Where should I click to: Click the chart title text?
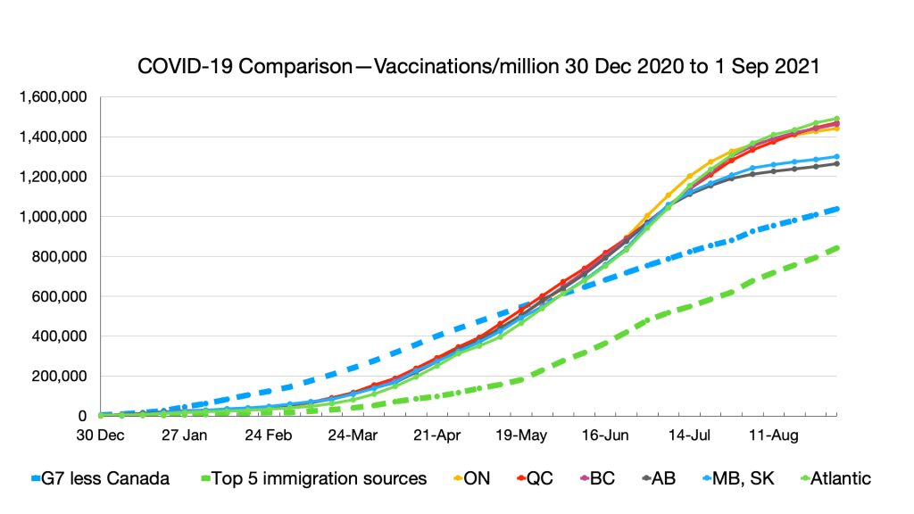478,67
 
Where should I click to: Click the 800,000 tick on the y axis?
62,256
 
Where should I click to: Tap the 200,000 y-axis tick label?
62,376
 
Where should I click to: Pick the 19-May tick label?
519,436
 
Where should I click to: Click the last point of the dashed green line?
837,248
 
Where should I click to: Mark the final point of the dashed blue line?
837,209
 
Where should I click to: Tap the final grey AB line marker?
837,163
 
